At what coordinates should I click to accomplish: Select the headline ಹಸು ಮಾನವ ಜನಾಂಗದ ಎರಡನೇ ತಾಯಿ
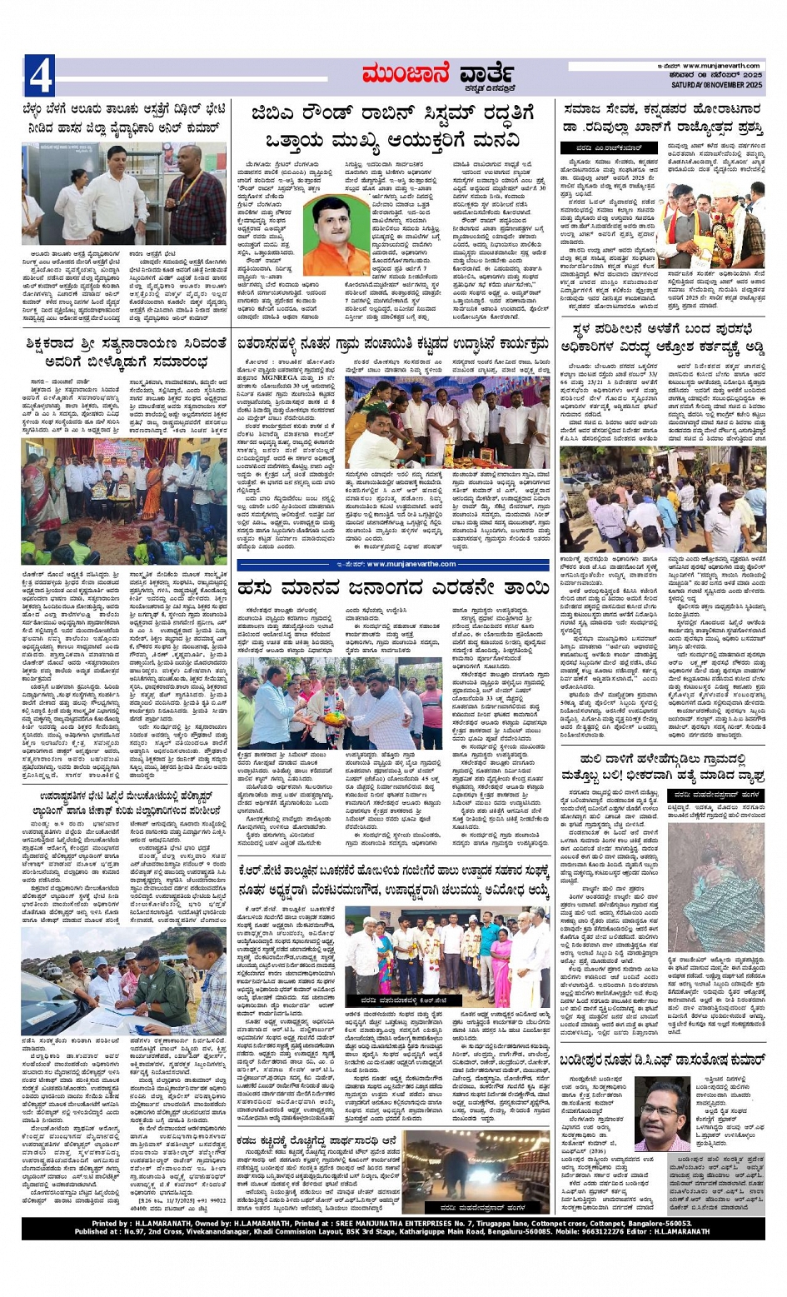(391, 589)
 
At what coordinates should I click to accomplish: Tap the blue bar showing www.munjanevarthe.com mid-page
(391, 564)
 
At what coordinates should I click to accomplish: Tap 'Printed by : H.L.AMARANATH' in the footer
(147, 1223)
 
